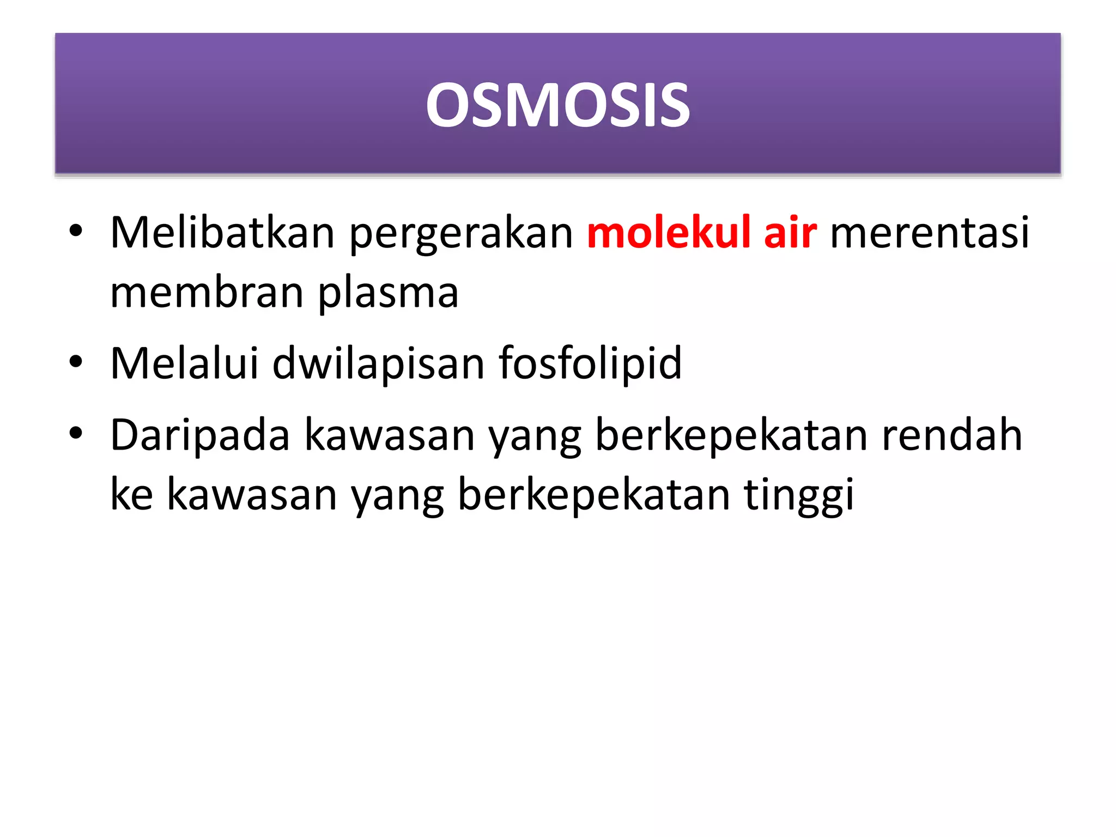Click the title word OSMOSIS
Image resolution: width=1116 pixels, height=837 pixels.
tap(557, 105)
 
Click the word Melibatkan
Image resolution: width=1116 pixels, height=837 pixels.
tap(222, 233)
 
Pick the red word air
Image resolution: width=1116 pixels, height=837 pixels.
tap(790, 233)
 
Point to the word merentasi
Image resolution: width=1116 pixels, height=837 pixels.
tap(930, 233)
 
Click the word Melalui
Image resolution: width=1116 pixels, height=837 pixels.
tap(184, 363)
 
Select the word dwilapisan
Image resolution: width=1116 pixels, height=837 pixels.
tap(378, 365)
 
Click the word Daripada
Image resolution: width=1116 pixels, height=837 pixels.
tap(200, 436)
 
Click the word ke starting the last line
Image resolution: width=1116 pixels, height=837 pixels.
tap(131, 494)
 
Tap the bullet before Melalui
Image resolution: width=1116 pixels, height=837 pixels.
tap(76, 362)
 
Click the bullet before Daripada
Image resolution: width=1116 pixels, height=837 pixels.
tap(76, 434)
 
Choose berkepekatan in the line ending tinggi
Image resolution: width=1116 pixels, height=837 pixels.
tap(594, 494)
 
